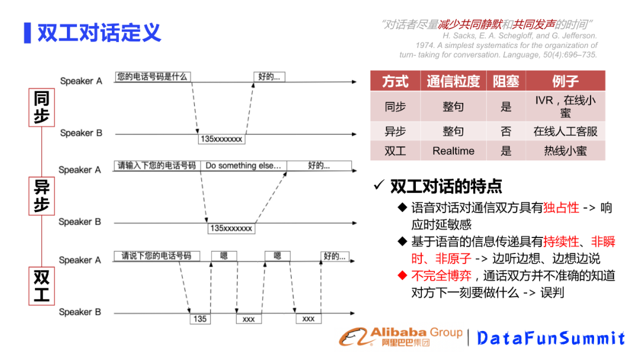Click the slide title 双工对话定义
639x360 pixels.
(99, 33)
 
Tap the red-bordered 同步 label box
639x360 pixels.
(41, 107)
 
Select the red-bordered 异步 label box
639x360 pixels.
(41, 197)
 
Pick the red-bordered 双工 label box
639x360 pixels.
(41, 286)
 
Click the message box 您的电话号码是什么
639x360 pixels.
(153, 76)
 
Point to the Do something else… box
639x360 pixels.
(243, 166)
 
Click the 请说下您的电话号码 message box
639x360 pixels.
(157, 256)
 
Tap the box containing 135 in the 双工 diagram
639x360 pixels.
(200, 319)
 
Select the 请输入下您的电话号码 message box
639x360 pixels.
(157, 166)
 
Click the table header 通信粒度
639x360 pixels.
(453, 81)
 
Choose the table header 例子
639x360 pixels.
(565, 81)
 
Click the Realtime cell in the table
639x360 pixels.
(453, 151)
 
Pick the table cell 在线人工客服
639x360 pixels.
(565, 131)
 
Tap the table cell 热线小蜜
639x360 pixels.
(565, 151)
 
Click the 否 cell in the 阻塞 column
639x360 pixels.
(506, 131)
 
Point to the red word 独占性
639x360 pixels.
(561, 208)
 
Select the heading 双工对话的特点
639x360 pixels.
(446, 187)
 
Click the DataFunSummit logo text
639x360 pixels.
(550, 338)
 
